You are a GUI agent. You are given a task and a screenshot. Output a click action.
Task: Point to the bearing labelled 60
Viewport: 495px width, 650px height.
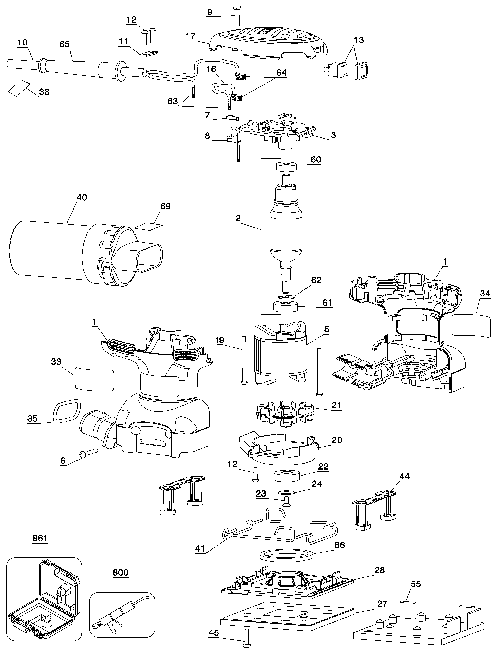(x=286, y=167)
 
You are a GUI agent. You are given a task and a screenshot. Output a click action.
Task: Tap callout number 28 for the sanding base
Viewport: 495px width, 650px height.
(x=379, y=570)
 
